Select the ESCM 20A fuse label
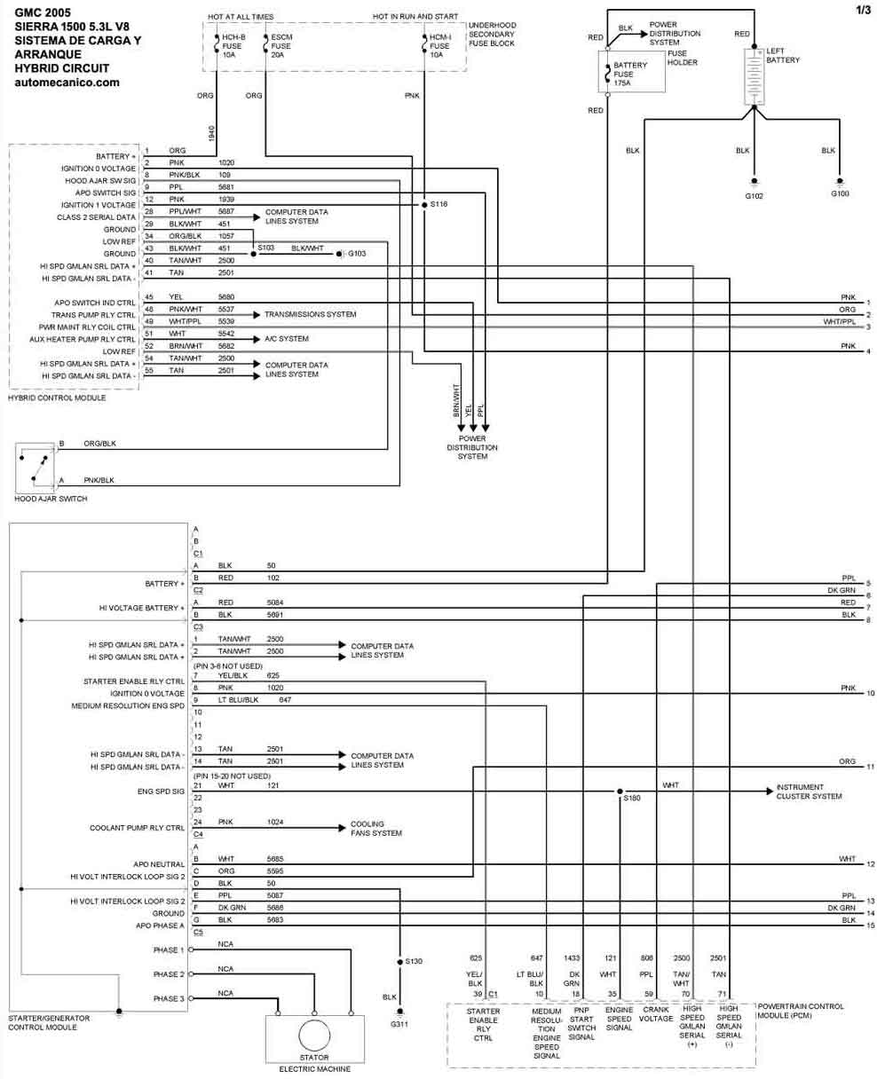point(280,45)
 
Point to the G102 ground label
point(754,195)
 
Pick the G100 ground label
point(840,193)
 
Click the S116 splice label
point(438,204)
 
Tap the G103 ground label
point(356,254)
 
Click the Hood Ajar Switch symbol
point(36,468)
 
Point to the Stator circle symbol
point(313,1036)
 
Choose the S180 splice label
point(631,799)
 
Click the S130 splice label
point(414,961)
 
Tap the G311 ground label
point(399,1024)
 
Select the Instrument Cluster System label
point(808,792)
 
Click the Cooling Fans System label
point(375,829)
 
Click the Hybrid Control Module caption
point(57,398)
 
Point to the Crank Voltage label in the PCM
point(656,1014)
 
